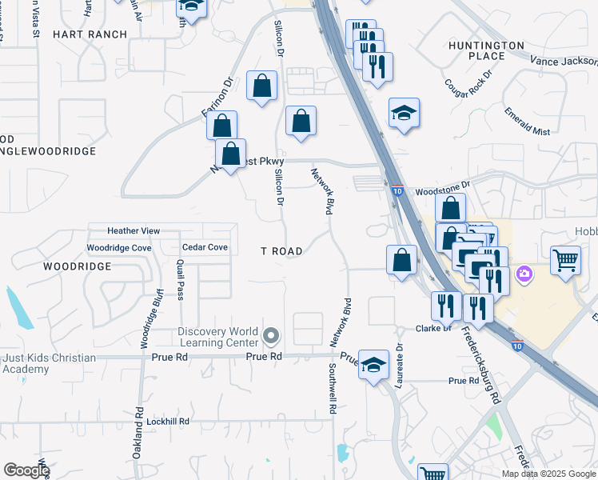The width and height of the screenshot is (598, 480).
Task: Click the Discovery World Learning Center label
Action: (217, 338)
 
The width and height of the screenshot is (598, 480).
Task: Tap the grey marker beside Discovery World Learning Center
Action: (271, 335)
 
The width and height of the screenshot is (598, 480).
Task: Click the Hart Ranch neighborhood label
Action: (90, 34)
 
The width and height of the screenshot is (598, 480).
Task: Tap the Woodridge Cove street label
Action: (118, 248)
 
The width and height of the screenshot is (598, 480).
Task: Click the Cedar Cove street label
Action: (205, 248)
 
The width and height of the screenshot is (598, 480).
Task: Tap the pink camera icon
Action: (524, 274)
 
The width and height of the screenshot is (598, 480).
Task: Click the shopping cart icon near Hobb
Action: (565, 258)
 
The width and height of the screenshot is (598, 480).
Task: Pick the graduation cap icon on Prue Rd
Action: (373, 364)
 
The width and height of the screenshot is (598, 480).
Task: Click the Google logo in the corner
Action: (26, 470)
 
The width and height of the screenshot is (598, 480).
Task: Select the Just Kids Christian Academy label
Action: (48, 363)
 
